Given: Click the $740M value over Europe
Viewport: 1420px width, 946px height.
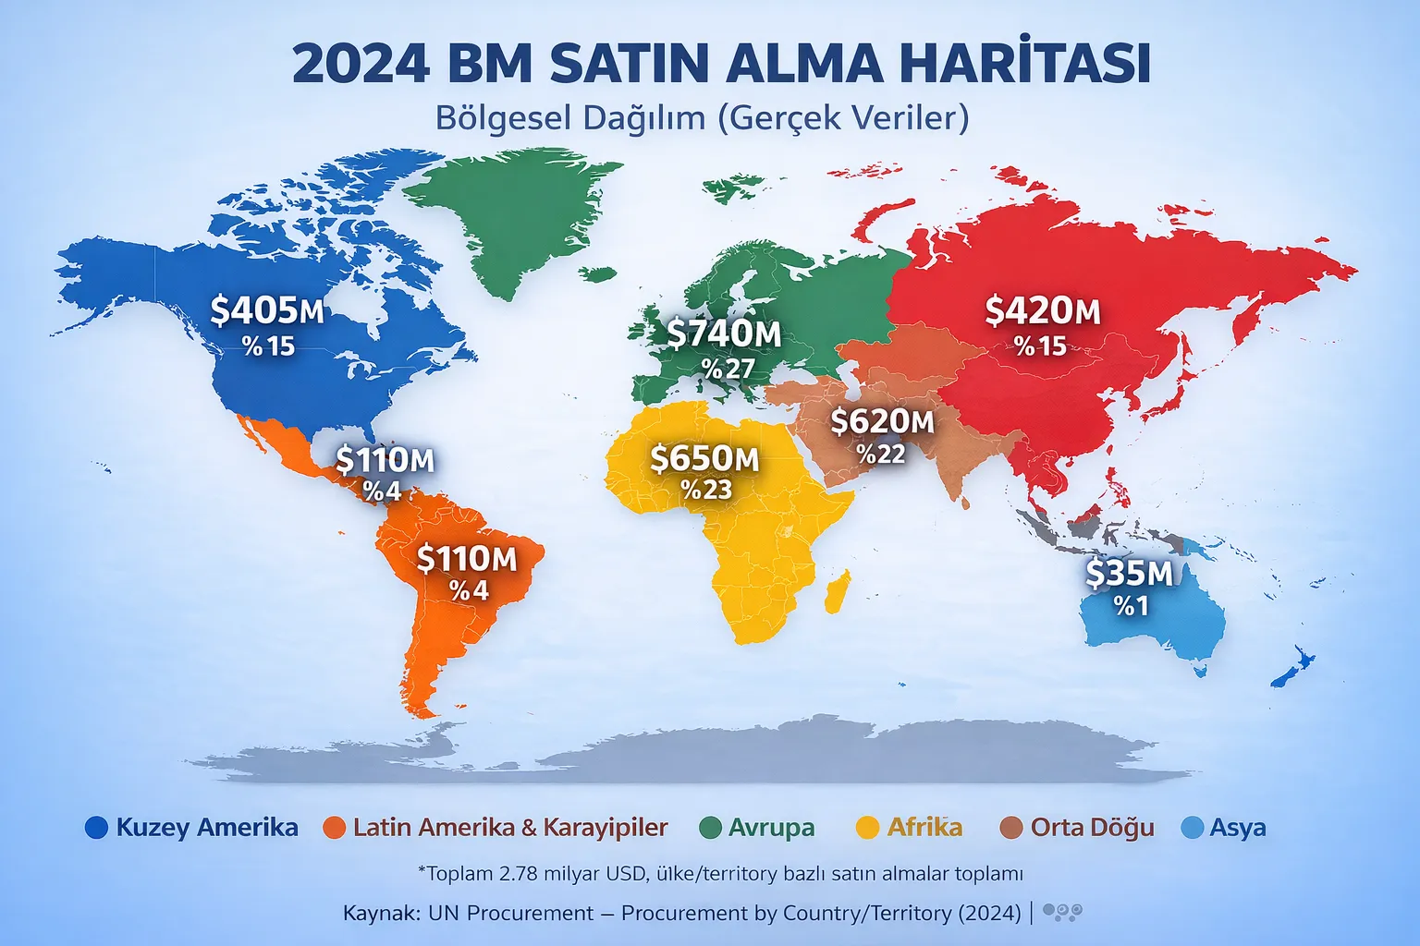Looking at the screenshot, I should (724, 334).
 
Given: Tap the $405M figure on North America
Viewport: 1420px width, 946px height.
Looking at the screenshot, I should (267, 310).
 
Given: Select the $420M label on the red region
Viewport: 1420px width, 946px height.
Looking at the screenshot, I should (1042, 311).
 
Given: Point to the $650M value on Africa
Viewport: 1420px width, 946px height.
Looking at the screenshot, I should (704, 458).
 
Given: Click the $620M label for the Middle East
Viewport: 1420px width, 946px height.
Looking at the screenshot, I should (882, 421).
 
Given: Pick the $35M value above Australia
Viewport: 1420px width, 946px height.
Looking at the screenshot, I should (1129, 574).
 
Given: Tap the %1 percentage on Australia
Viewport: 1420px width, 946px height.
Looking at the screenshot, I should (1131, 606).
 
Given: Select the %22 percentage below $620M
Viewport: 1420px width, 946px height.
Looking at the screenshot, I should (880, 454).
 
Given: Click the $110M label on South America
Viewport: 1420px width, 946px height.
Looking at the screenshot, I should (467, 559).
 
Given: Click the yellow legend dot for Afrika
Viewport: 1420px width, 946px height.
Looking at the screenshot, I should (867, 828).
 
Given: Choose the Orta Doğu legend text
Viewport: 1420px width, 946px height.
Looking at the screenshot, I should (1092, 828).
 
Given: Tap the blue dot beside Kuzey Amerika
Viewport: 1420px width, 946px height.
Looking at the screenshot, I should (96, 828).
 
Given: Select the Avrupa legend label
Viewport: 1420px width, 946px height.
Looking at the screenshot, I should (771, 828).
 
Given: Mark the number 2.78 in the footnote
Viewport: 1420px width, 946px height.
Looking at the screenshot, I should (517, 874).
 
